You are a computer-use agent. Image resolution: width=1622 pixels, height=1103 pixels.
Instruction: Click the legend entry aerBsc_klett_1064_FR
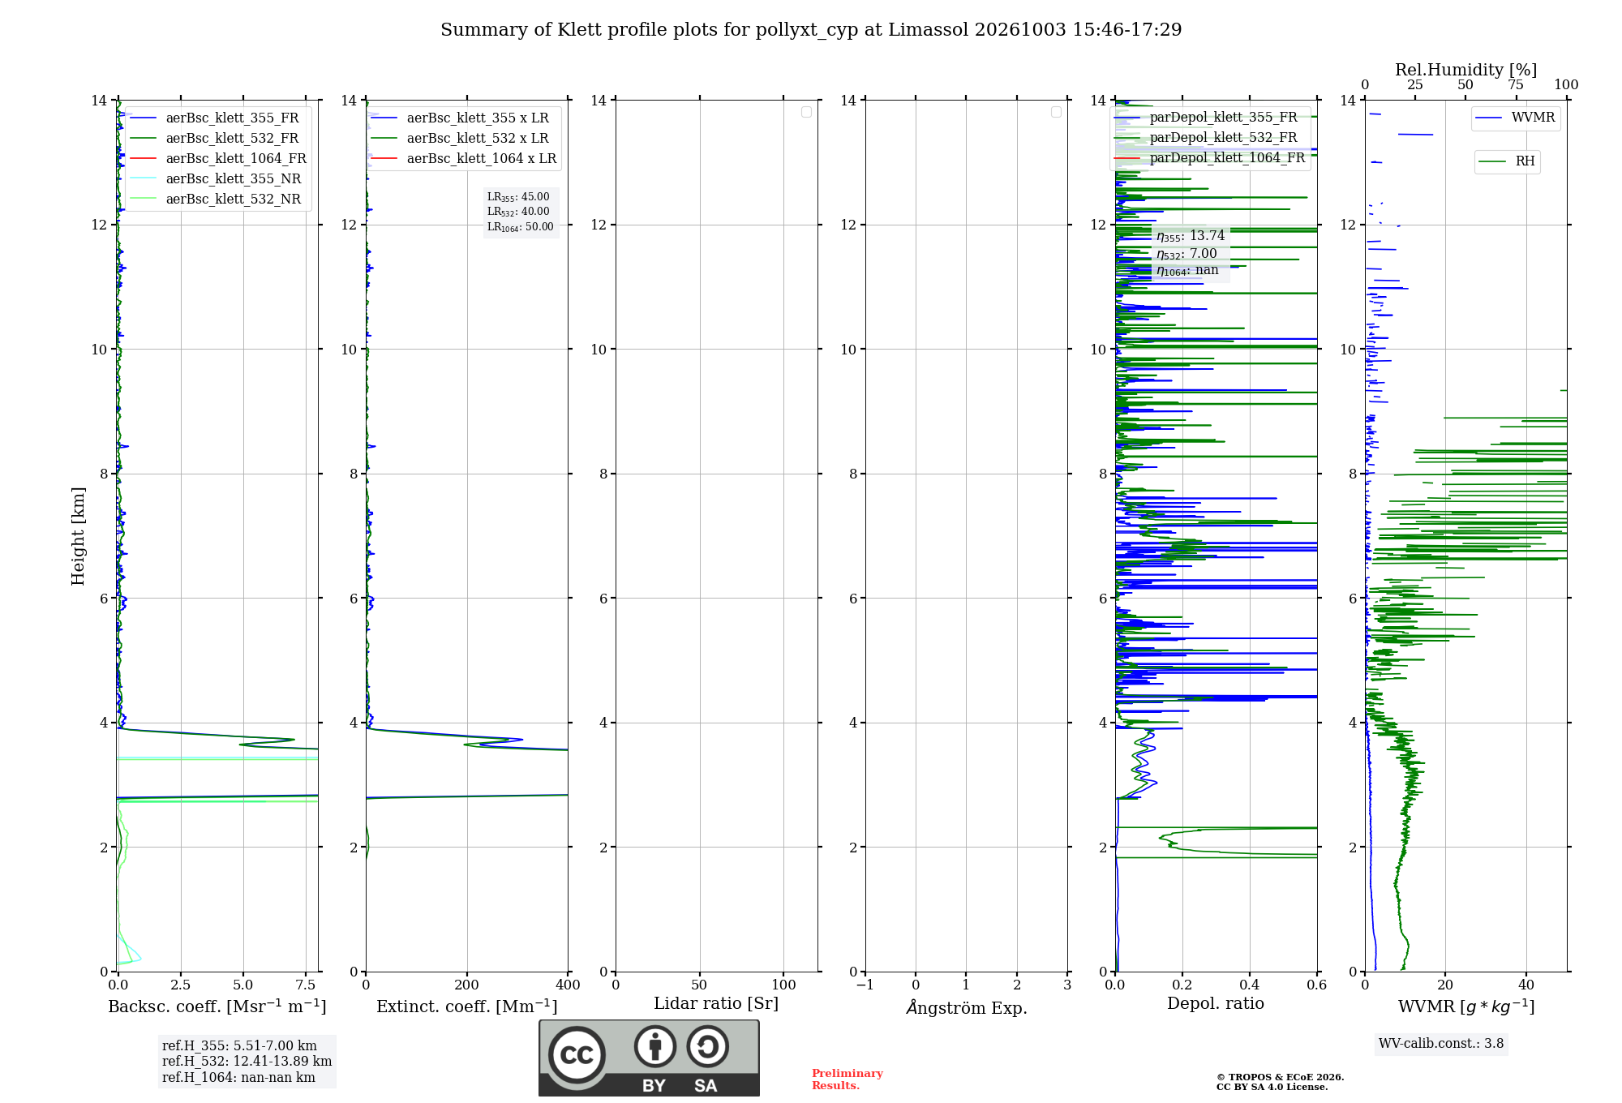[218, 158]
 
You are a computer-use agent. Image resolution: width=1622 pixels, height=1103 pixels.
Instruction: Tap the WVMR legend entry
[1515, 118]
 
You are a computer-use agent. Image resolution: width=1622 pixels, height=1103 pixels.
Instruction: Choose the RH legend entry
[1507, 161]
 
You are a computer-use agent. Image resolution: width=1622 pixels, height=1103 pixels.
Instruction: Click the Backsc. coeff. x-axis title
[217, 1006]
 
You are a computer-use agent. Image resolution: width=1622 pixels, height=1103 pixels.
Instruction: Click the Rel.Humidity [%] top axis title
[1466, 70]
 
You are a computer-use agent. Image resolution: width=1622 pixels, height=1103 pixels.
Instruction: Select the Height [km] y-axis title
[78, 536]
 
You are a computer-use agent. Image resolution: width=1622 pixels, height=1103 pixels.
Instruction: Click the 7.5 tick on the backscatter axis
[306, 985]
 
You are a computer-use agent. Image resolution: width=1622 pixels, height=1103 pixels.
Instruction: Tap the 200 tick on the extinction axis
[467, 985]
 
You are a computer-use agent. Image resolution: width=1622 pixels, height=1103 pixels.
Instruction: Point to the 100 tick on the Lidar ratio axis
[783, 985]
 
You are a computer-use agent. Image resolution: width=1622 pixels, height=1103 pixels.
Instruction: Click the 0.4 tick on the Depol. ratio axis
[1250, 985]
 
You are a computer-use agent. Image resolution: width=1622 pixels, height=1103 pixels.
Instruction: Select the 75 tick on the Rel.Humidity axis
[1516, 84]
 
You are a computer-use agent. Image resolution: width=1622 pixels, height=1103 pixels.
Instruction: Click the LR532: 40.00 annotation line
[518, 212]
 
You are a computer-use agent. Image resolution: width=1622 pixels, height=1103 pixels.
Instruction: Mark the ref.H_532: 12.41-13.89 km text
[247, 1061]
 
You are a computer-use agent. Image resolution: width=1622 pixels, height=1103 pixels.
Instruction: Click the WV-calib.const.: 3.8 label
[1441, 1044]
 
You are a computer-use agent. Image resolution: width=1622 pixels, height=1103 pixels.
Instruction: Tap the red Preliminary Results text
[847, 1079]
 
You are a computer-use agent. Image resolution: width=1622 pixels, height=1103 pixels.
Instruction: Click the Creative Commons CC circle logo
[577, 1055]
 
